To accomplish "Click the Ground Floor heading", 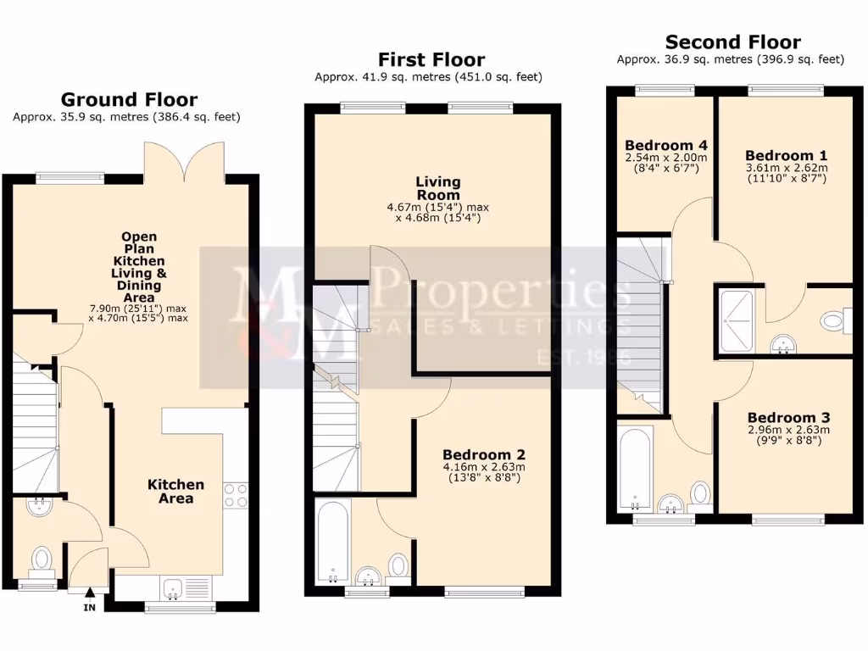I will pos(129,100).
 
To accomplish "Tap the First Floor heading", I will pos(431,59).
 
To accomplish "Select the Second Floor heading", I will pos(732,42).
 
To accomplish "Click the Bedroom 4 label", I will pos(665,143).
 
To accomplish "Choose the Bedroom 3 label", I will pos(788,418).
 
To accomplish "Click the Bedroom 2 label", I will pos(483,454).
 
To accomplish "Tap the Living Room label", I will pos(438,188).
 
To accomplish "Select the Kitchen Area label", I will pos(176,491).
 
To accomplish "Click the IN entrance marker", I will pos(89,607).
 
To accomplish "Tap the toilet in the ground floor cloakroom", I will pos(42,559).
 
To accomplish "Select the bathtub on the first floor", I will pos(333,541).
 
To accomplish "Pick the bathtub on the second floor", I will pos(635,467).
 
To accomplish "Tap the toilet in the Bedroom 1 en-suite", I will pos(833,320).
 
